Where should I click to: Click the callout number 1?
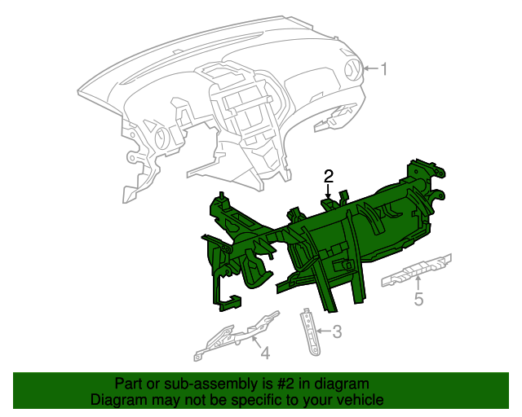[384, 69]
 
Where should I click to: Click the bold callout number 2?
[329, 176]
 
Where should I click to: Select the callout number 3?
[337, 331]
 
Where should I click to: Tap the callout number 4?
[265, 353]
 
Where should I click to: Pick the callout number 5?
[418, 299]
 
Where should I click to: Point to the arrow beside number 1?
[370, 69]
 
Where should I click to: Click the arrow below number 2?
[329, 191]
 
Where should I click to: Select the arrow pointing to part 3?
[324, 331]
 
